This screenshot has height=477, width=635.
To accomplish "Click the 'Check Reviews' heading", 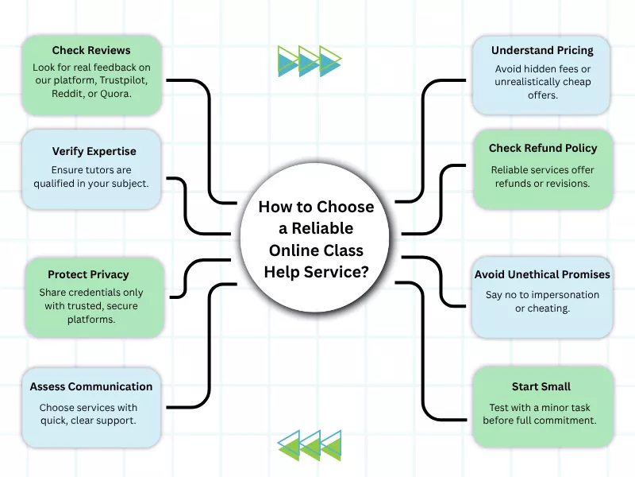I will tap(91, 51).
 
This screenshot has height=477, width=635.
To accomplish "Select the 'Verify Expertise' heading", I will tap(94, 151).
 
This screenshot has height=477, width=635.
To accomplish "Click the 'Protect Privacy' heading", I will tap(88, 274).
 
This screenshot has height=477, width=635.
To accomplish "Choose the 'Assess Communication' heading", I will tap(91, 386).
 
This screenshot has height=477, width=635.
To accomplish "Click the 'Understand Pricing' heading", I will tap(542, 51).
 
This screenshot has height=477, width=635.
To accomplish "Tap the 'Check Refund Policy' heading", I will tap(543, 148).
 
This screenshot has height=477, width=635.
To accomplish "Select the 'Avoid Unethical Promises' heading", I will tap(542, 274).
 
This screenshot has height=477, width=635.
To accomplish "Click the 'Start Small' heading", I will tap(541, 386).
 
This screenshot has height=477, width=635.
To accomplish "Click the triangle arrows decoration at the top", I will tap(310, 60).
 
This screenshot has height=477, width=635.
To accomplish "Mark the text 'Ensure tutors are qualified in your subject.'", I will tap(91, 176).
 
